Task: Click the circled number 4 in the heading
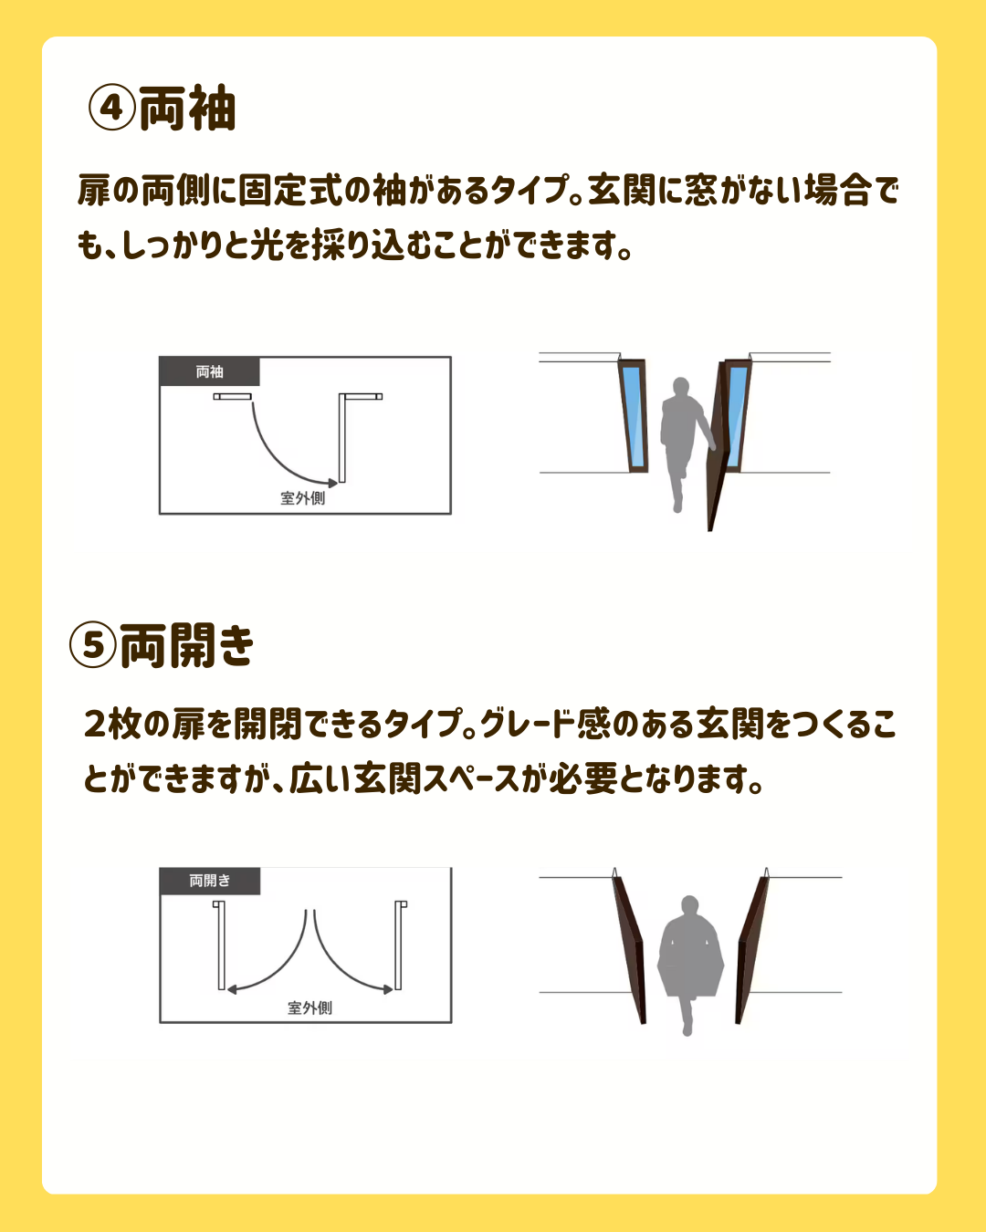(111, 107)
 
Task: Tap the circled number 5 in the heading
(93, 644)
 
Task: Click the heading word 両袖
(187, 108)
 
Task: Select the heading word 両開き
(186, 645)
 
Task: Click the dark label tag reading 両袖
(209, 371)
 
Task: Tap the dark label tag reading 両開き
(210, 881)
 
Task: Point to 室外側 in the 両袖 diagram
(302, 498)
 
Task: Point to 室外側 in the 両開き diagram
(309, 1008)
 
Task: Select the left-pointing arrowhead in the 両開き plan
(232, 989)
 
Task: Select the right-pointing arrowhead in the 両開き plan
(388, 989)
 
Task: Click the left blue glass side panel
(633, 416)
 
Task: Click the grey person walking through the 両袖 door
(682, 441)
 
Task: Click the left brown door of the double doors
(630, 950)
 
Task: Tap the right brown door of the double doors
(750, 950)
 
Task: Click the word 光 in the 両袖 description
(267, 245)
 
